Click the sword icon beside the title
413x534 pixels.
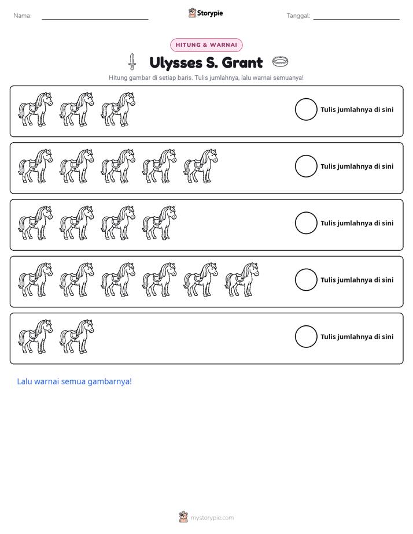132,62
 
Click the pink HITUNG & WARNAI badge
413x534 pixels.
206,45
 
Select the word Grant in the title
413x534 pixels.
242,62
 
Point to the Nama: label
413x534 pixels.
23,16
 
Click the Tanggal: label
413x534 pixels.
298,16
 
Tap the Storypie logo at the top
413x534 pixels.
206,13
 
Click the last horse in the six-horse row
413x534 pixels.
242,280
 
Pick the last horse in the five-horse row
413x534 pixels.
201,166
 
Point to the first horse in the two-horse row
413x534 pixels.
35,336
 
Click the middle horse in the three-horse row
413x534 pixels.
77,109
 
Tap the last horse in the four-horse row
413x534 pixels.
160,223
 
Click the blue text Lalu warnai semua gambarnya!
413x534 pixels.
74,381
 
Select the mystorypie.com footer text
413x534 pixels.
212,518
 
